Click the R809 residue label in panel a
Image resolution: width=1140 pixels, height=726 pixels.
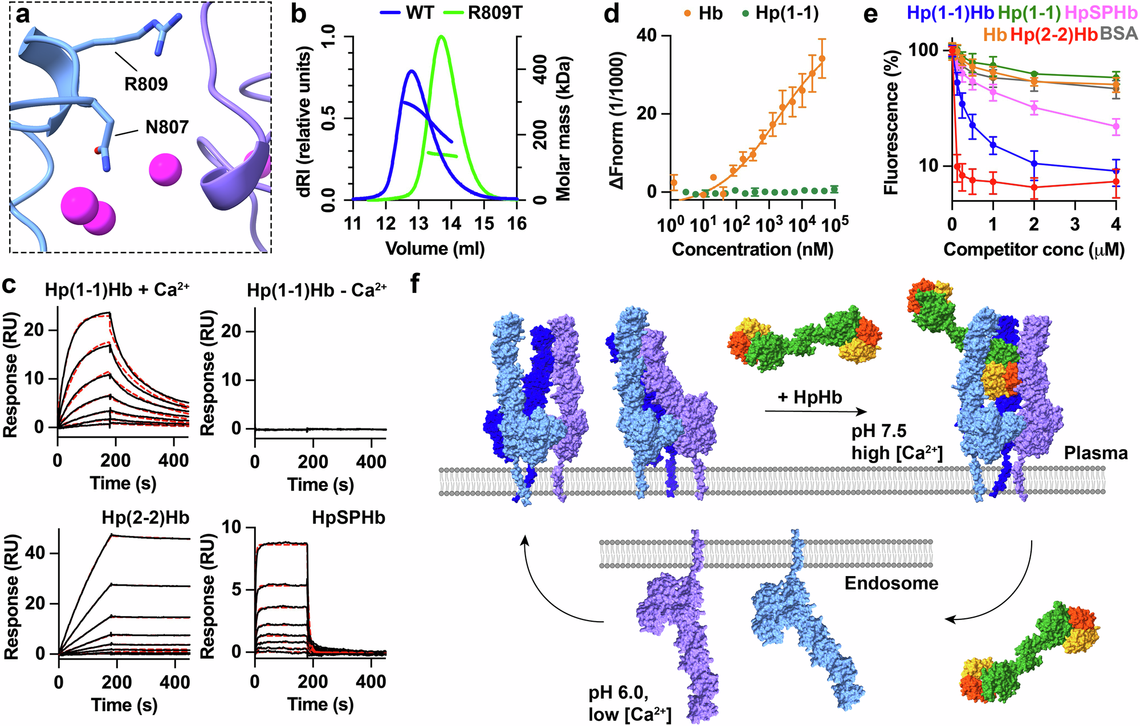click(146, 84)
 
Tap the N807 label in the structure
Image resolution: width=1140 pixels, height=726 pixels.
click(167, 127)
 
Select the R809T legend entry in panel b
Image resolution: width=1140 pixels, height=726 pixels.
click(494, 13)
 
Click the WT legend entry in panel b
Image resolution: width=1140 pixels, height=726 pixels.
click(420, 13)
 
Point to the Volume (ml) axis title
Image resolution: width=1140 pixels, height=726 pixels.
click(435, 249)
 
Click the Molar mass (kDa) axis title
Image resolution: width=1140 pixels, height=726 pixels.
click(563, 128)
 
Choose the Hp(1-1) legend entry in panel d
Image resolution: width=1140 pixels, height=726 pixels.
click(787, 13)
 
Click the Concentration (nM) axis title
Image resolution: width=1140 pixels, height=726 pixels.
click(752, 249)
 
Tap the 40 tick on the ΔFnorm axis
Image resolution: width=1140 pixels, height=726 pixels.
click(645, 36)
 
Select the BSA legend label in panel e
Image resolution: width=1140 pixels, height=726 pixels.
click(1119, 34)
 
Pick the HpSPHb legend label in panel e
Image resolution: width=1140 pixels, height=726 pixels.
click(1101, 13)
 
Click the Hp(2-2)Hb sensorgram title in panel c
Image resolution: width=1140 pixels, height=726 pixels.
click(145, 517)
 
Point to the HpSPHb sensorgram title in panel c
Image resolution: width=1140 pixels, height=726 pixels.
click(348, 517)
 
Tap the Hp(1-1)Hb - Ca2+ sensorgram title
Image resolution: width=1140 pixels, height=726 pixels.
click(317, 291)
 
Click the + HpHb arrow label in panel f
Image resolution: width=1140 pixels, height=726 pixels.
click(809, 397)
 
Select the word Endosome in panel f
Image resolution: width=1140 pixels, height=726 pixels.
click(891, 583)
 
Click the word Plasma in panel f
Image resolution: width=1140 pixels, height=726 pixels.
click(1096, 453)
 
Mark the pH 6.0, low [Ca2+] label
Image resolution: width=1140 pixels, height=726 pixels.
click(630, 704)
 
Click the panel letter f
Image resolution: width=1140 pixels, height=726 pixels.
click(416, 283)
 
